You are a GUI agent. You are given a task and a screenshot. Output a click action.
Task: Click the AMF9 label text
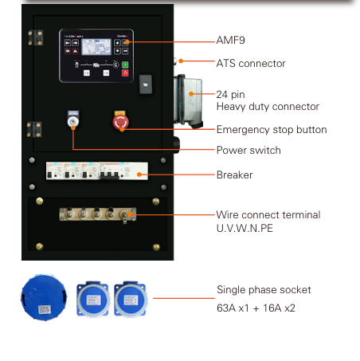pyautogui.click(x=230, y=41)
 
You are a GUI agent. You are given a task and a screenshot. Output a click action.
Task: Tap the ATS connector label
pyautogui.click(x=251, y=64)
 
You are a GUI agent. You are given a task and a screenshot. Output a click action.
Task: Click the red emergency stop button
pyautogui.click(x=120, y=122)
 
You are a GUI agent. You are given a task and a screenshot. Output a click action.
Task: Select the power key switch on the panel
pyautogui.click(x=72, y=122)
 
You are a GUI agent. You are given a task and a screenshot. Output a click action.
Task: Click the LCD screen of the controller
pyautogui.click(x=96, y=47)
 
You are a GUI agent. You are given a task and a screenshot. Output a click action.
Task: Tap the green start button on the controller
pyautogui.click(x=125, y=65)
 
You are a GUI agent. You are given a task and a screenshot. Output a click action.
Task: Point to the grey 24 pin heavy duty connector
pyautogui.click(x=188, y=101)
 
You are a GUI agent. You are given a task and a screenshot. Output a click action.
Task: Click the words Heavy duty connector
pyautogui.click(x=268, y=107)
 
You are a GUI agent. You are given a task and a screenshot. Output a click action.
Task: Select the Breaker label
pyautogui.click(x=234, y=175)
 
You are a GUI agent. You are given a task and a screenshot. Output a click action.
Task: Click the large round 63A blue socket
pyautogui.click(x=44, y=298)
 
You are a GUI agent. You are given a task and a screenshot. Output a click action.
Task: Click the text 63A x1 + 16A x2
pyautogui.click(x=256, y=308)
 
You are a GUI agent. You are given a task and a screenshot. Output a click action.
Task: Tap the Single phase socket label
pyautogui.click(x=264, y=289)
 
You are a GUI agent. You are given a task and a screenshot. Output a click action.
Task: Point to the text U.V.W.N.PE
pyautogui.click(x=245, y=228)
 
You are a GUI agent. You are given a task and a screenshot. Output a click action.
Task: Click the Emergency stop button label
pyautogui.click(x=272, y=130)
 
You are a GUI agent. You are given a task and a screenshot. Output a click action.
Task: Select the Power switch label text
pyautogui.click(x=248, y=150)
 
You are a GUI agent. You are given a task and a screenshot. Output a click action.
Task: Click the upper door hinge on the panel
pyautogui.click(x=36, y=37)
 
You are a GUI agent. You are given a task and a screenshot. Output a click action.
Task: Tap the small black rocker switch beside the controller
pyautogui.click(x=146, y=84)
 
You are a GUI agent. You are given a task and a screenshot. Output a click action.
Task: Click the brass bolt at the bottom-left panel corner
pyautogui.click(x=39, y=246)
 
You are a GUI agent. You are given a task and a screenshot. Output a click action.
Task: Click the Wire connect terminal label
pyautogui.click(x=268, y=214)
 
